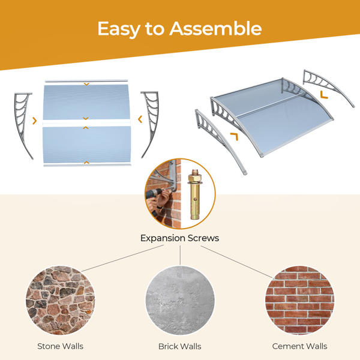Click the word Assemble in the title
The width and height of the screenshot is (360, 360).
click(x=215, y=28)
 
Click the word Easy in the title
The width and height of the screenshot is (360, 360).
click(x=119, y=29)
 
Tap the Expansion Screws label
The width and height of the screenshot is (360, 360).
click(x=180, y=238)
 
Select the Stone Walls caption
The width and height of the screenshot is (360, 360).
click(x=61, y=346)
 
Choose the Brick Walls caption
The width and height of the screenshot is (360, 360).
click(x=180, y=346)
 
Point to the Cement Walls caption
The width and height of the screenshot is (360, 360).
click(x=299, y=346)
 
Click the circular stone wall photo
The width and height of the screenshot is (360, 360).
click(x=60, y=301)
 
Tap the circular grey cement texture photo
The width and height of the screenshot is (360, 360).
click(x=180, y=301)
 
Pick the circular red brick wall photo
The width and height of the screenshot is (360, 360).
click(x=300, y=301)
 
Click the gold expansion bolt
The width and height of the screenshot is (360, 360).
click(x=194, y=194)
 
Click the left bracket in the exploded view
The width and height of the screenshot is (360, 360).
click(x=23, y=125)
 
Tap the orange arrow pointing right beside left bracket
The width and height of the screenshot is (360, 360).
click(x=35, y=121)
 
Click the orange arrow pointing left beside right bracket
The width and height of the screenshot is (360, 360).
click(x=140, y=119)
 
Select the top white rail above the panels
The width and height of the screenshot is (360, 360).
click(x=86, y=81)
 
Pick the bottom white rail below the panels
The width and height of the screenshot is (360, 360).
click(x=87, y=165)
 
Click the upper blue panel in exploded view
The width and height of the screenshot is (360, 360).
click(x=86, y=102)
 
